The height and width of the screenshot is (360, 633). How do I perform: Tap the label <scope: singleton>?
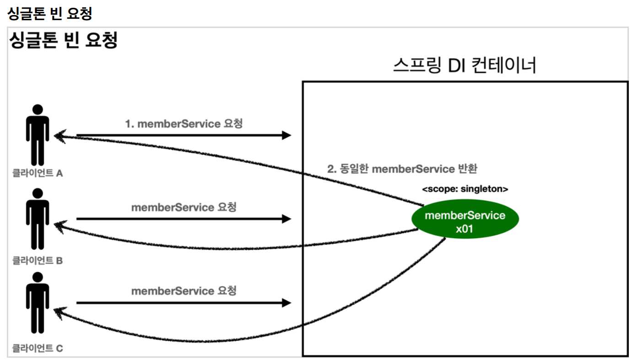pyautogui.click(x=465, y=189)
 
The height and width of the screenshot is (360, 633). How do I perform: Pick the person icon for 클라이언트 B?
pyautogui.click(x=38, y=219)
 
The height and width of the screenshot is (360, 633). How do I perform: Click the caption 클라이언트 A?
pyautogui.click(x=38, y=174)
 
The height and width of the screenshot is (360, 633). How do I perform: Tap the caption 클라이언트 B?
pyautogui.click(x=38, y=261)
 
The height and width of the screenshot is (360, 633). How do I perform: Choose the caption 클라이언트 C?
pyautogui.click(x=38, y=348)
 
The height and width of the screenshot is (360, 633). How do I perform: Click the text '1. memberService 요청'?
pyautogui.click(x=184, y=124)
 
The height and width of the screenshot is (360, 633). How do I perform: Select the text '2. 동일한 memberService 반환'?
pyautogui.click(x=402, y=169)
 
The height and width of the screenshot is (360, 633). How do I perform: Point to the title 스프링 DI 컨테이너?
pyautogui.click(x=464, y=66)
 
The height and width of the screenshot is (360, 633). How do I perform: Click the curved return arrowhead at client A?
pyautogui.click(x=58, y=136)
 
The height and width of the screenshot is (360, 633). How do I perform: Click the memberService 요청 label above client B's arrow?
pyautogui.click(x=184, y=207)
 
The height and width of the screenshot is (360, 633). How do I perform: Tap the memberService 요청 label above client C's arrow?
pyautogui.click(x=184, y=291)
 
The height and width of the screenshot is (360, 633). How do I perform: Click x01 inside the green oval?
pyautogui.click(x=465, y=229)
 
